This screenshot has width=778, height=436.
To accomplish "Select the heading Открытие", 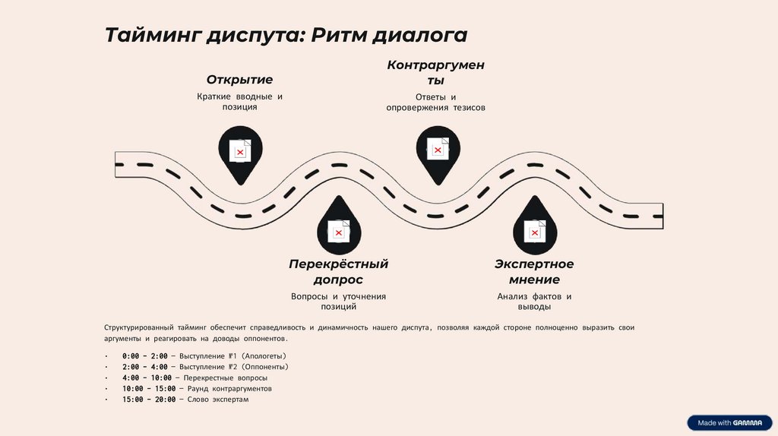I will coord(239,80).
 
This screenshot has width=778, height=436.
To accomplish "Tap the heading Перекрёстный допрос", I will coord(338,272).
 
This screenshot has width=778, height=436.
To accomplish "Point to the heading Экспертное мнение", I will coord(534,272).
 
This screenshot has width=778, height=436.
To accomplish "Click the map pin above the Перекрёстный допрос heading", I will coord(338,227).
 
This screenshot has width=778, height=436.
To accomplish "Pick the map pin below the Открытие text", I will coord(239,153).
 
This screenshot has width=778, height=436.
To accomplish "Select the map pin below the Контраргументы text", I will coord(437,151).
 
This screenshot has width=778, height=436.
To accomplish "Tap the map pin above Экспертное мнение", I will coord(535,227).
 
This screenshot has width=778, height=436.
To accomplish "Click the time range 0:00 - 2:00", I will coord(144,356).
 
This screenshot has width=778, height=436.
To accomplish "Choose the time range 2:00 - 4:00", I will coord(144,367).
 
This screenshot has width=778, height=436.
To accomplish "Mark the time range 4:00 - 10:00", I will coord(147,378).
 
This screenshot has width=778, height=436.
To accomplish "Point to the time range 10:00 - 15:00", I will coord(149,388).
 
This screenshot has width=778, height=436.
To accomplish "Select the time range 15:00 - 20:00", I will coord(149,399).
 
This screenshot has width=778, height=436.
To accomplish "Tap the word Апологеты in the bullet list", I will coord(265,356).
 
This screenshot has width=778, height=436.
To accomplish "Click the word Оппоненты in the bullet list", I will coord(265,367).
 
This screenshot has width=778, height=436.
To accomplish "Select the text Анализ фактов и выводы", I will coord(534,302).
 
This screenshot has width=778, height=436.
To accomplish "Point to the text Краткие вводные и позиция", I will coord(239,102).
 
